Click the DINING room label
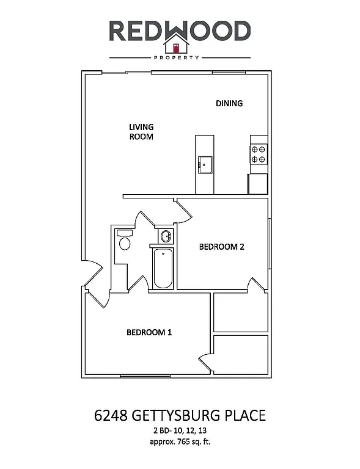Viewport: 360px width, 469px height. click(x=229, y=103)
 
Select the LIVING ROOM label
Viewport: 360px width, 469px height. click(x=141, y=132)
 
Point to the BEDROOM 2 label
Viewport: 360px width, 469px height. click(x=222, y=247)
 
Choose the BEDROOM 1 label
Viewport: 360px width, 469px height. click(x=149, y=332)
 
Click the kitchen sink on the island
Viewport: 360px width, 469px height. click(x=204, y=164)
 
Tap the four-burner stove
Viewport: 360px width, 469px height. click(x=258, y=153)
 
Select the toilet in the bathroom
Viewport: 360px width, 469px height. click(x=125, y=241)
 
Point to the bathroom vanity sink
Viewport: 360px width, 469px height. click(x=165, y=236)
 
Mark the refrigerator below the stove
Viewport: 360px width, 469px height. click(x=257, y=183)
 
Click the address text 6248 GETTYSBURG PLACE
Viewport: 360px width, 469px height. click(x=180, y=416)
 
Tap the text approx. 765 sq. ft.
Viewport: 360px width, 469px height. click(x=180, y=442)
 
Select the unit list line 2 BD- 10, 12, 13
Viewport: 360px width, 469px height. click(x=180, y=431)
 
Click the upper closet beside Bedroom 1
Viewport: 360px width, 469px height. click(x=240, y=312)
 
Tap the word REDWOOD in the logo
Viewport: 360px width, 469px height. click(x=180, y=31)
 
